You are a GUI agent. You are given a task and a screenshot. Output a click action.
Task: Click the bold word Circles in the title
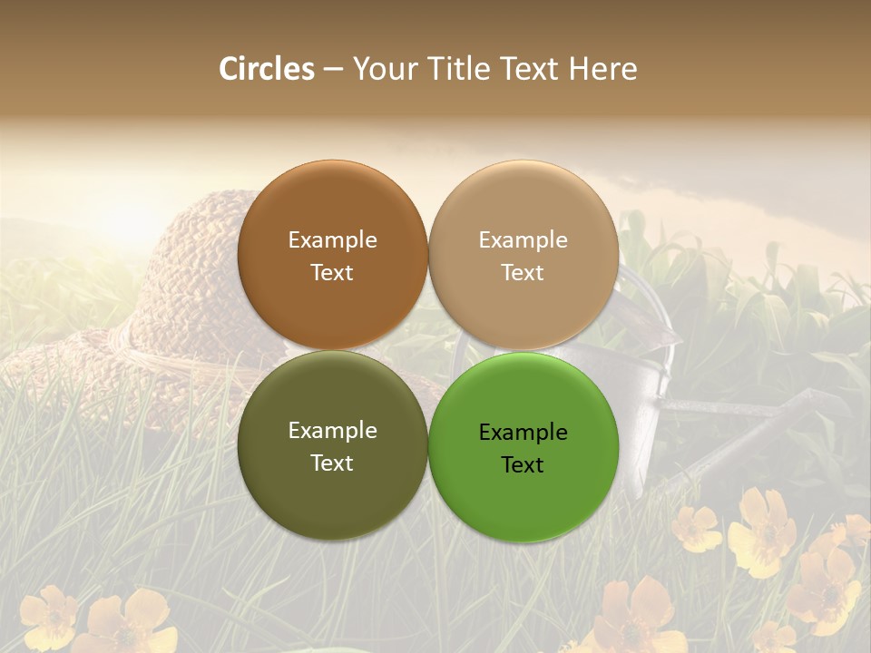pyautogui.click(x=267, y=69)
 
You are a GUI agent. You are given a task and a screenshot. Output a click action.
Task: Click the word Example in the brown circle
pyautogui.click(x=332, y=239)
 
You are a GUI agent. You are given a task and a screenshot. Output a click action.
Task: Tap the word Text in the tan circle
pyautogui.click(x=523, y=272)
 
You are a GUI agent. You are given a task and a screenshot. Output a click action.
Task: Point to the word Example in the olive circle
pyautogui.click(x=332, y=430)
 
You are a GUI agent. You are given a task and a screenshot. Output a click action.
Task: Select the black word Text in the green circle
pyautogui.click(x=523, y=464)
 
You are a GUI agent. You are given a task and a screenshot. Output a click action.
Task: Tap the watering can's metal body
pyautogui.click(x=649, y=390)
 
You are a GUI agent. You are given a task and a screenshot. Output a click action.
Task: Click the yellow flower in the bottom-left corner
pyautogui.click(x=50, y=617)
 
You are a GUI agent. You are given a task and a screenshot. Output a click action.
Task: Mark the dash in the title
pyautogui.click(x=333, y=69)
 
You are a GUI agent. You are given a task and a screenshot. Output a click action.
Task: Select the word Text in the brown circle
pyautogui.click(x=332, y=272)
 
